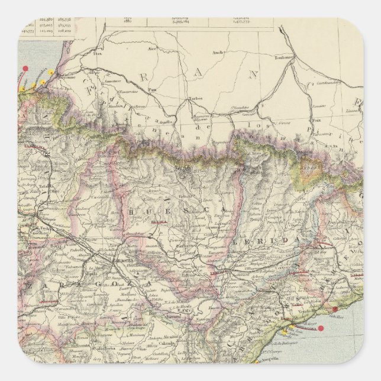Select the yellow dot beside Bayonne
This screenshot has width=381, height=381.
coord(52,73)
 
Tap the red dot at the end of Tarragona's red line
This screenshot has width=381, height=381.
coord(321,328)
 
